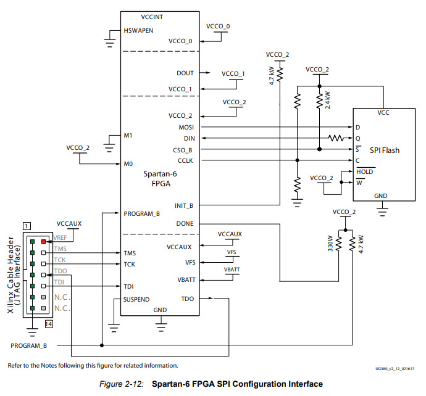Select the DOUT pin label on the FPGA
click(185, 73)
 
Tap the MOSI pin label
click(186, 126)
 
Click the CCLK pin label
click(185, 160)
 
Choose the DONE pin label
click(185, 224)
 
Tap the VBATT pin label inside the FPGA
click(186, 279)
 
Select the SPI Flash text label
click(383, 151)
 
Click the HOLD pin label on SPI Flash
click(364, 171)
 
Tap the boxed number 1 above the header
click(27, 228)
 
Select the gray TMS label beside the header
click(61, 249)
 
